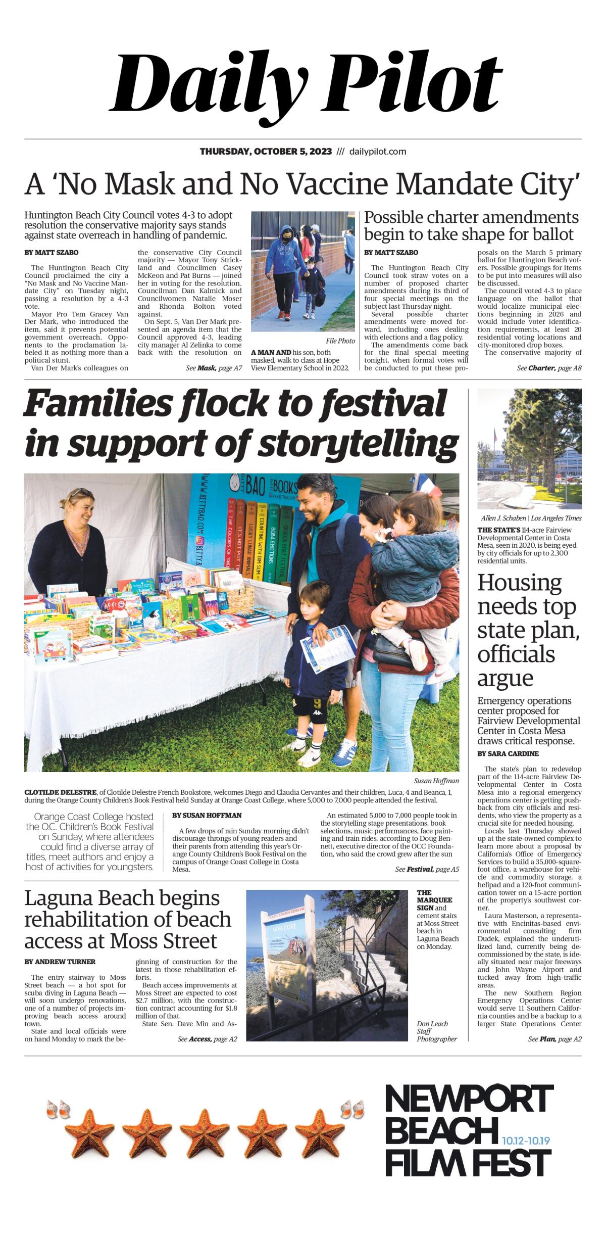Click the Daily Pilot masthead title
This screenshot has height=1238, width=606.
[306, 83]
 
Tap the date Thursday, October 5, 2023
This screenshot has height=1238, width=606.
[266, 152]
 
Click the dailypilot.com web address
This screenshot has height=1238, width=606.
[378, 152]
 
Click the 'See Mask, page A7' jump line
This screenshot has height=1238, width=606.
[214, 368]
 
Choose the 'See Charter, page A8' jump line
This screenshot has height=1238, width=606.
[549, 368]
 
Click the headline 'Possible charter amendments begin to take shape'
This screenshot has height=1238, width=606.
[471, 226]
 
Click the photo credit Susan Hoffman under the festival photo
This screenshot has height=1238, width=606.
[436, 781]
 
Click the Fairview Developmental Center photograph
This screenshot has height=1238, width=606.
[529, 448]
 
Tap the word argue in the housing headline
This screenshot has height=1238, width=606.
[505, 678]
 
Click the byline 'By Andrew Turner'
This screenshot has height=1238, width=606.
[60, 962]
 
